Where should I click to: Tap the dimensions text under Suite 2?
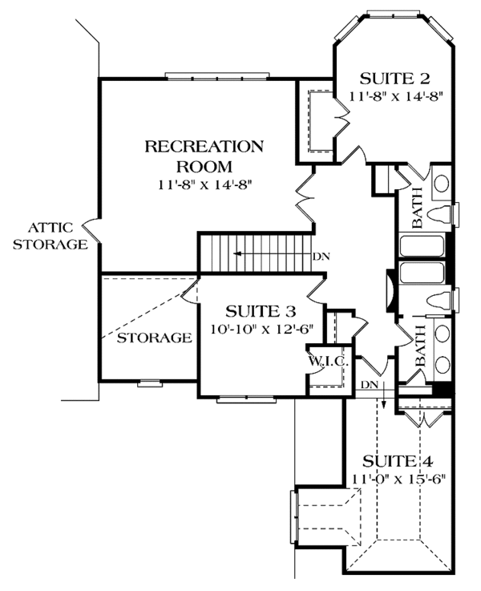[396, 95]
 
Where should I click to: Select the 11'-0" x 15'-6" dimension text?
[398, 479]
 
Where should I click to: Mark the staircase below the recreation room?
[255, 253]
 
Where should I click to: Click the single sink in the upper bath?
[441, 184]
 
